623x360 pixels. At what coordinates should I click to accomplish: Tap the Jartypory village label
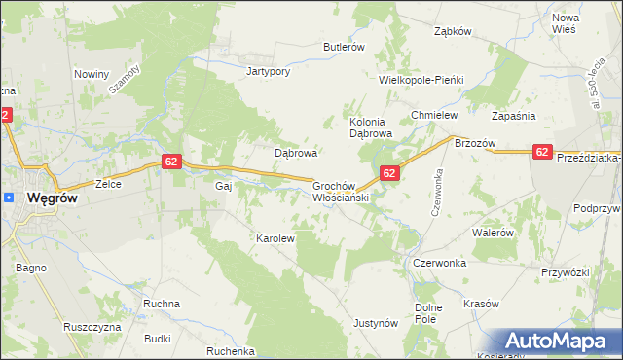(x=270, y=72)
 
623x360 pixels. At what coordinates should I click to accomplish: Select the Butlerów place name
(x=344, y=46)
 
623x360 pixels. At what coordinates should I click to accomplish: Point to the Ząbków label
(x=453, y=30)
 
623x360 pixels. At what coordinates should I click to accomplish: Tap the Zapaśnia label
(x=515, y=115)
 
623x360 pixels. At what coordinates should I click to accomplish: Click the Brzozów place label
(x=476, y=143)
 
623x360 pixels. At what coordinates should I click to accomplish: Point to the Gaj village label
(x=222, y=185)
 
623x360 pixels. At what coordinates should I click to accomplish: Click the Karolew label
(x=275, y=237)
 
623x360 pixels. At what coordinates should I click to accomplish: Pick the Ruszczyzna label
(x=92, y=327)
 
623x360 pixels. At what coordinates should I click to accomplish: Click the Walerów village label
(x=493, y=233)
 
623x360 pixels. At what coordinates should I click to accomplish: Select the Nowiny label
(x=92, y=73)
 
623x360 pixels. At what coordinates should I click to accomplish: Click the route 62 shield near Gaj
(x=170, y=162)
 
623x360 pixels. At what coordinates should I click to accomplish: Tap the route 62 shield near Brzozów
(x=542, y=152)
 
